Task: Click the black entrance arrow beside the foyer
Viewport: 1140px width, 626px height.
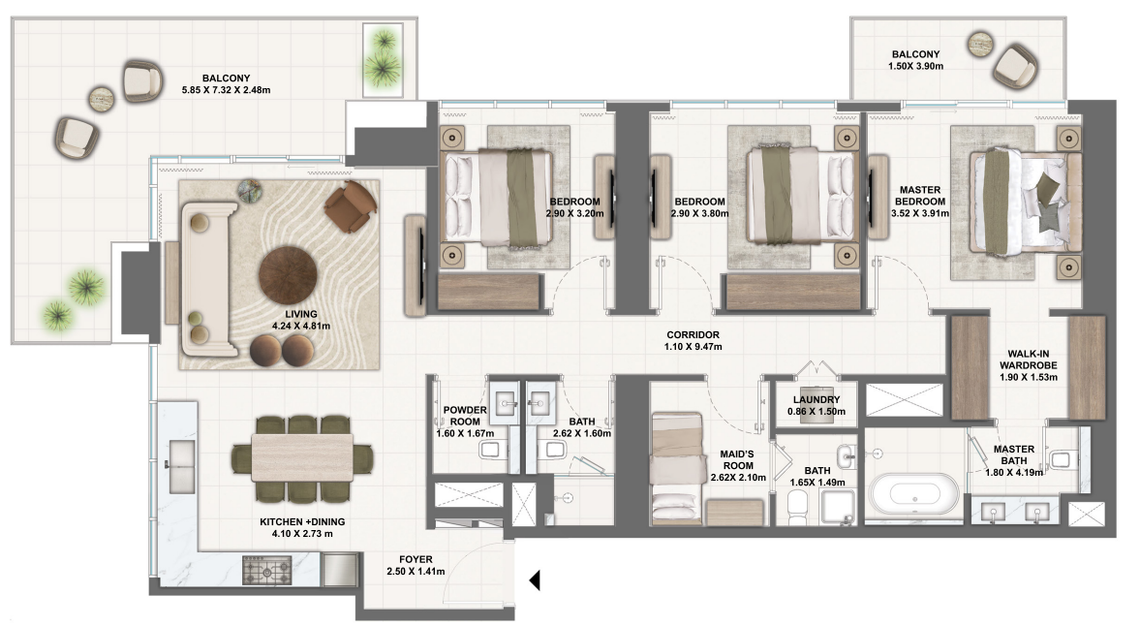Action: pyautogui.click(x=533, y=580)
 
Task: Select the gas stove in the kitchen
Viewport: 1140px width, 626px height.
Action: pyautogui.click(x=266, y=570)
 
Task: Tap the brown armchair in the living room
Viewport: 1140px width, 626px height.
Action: pyautogui.click(x=351, y=205)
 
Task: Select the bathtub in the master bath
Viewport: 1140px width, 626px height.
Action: pyautogui.click(x=911, y=491)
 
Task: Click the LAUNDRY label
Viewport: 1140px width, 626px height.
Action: pyautogui.click(x=816, y=399)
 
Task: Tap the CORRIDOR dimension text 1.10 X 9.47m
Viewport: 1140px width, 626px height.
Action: pyautogui.click(x=693, y=346)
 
